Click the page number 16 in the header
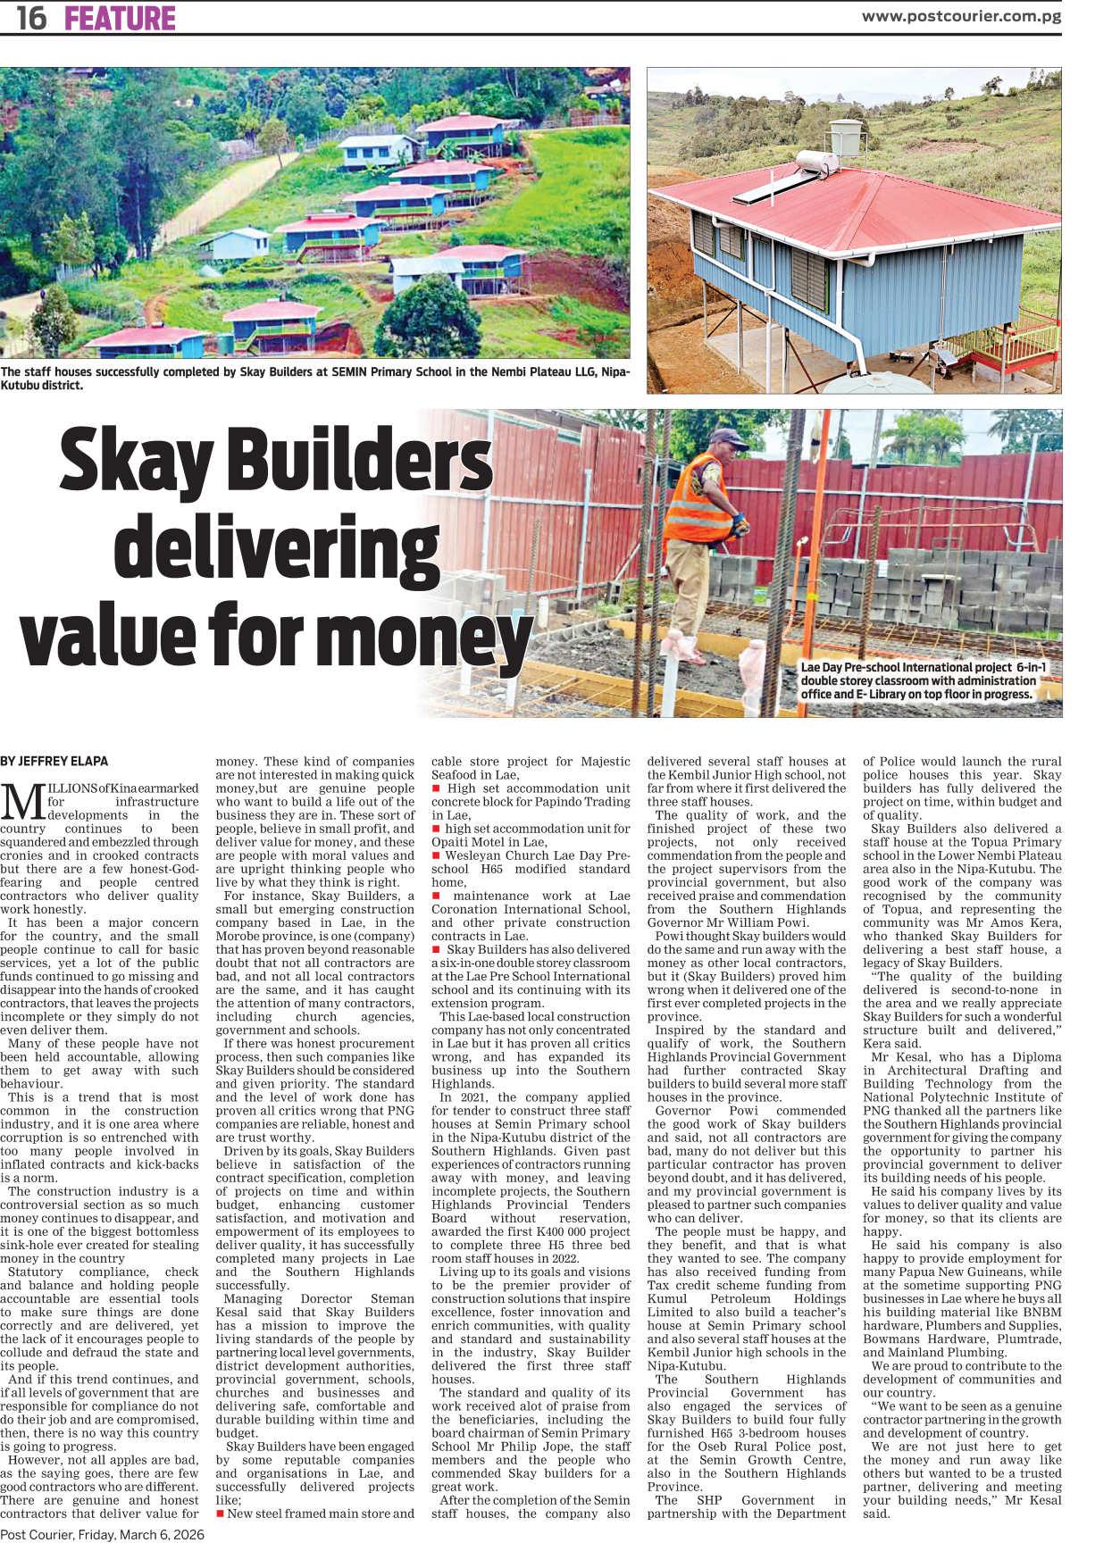pos(31,18)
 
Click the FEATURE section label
pos(120,18)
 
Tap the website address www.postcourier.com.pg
pos(960,16)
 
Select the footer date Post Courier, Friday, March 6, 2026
pos(103,1534)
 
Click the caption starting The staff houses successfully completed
pos(314,379)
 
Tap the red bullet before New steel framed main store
pos(221,1514)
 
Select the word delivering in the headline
pos(276,550)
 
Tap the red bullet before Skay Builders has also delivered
pos(436,949)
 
